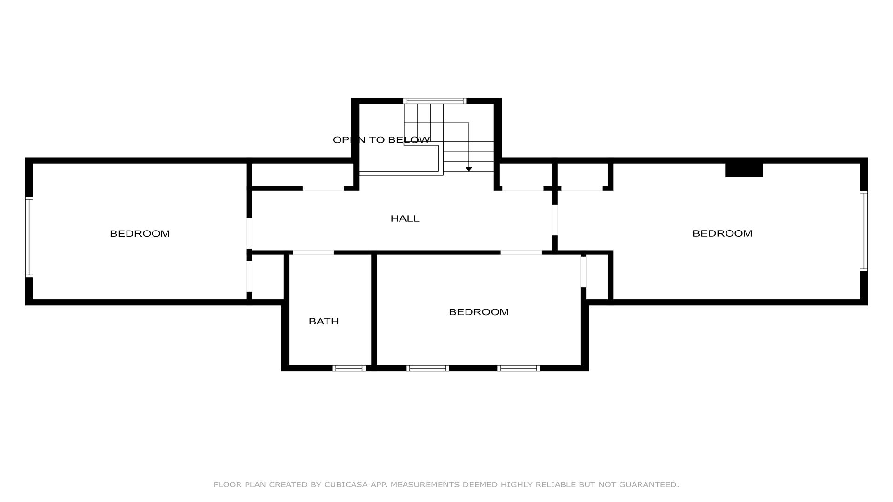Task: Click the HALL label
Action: coord(405,218)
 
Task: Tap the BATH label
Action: coord(324,321)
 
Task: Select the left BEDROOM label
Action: coord(140,233)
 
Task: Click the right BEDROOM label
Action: coord(722,233)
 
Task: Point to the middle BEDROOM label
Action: coord(479,312)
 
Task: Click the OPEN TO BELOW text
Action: coord(381,140)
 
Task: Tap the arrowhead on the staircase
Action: coord(469,169)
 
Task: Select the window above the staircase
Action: coord(435,101)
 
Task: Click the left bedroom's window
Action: coord(29,237)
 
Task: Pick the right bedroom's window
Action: coord(864,231)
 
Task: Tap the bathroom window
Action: coord(349,368)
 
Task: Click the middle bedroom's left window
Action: coord(427,368)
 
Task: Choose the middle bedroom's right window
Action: coord(519,368)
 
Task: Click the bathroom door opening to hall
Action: coord(313,252)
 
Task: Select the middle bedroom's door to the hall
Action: coord(521,252)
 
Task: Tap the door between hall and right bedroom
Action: coord(554,220)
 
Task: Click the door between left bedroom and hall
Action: coord(249,233)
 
